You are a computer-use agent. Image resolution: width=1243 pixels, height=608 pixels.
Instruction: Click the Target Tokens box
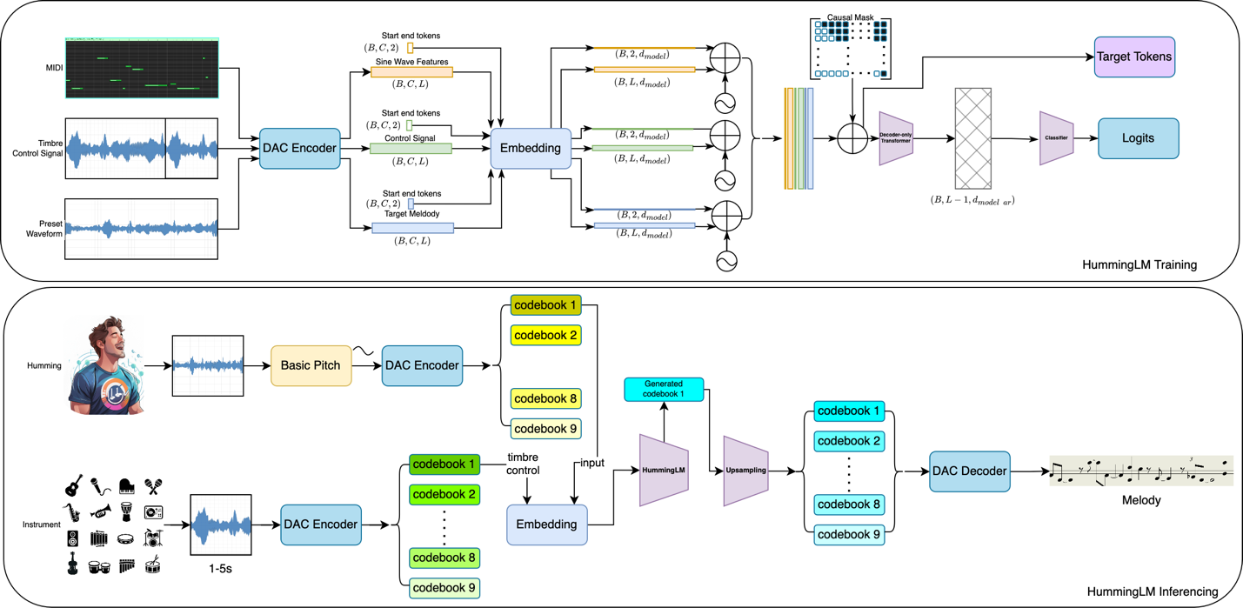1133,57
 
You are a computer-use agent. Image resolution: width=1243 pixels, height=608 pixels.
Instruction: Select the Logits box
1138,139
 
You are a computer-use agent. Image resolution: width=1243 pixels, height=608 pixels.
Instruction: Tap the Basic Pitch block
311,365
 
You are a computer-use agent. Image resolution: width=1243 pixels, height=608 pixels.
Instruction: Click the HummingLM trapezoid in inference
665,471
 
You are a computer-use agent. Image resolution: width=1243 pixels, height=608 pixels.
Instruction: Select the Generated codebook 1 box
664,389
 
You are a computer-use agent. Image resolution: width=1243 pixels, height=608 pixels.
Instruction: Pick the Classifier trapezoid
1056,138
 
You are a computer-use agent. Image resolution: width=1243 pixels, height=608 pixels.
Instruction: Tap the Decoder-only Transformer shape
896,138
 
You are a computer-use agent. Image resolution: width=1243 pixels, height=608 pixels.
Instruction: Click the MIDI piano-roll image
141,69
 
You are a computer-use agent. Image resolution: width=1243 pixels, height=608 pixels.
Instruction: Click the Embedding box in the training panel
530,149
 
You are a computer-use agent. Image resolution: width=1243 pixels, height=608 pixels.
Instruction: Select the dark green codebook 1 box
444,465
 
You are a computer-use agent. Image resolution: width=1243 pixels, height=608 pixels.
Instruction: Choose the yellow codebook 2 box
545,335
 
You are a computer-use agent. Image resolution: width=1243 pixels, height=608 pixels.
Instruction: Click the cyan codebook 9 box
849,535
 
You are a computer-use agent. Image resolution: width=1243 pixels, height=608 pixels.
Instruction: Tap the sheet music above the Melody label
1141,472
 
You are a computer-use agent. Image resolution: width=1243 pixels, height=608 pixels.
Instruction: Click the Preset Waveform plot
141,230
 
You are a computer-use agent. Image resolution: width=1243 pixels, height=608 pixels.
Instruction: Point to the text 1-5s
221,568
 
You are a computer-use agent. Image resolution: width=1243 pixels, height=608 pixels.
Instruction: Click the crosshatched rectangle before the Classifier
972,138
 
